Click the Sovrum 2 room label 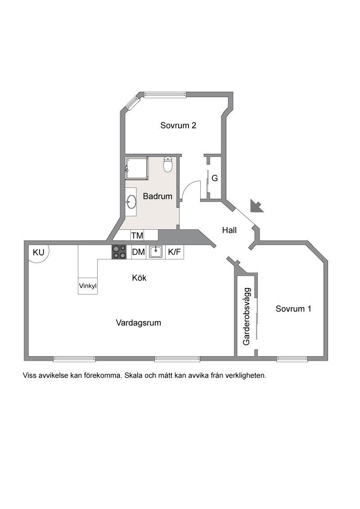(x=178, y=125)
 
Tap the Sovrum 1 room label (x=293, y=309)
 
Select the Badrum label (x=157, y=196)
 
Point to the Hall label (x=229, y=230)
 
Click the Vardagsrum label (x=139, y=323)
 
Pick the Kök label (x=139, y=278)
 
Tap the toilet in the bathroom (x=168, y=165)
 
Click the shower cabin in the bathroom (x=137, y=168)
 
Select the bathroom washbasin (x=131, y=201)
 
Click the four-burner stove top (x=119, y=252)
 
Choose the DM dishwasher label (x=139, y=252)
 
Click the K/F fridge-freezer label (x=175, y=252)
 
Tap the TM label (x=137, y=235)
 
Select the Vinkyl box (x=88, y=286)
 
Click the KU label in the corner (x=39, y=252)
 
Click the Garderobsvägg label (x=247, y=317)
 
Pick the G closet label (x=215, y=178)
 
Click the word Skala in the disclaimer (x=134, y=375)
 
